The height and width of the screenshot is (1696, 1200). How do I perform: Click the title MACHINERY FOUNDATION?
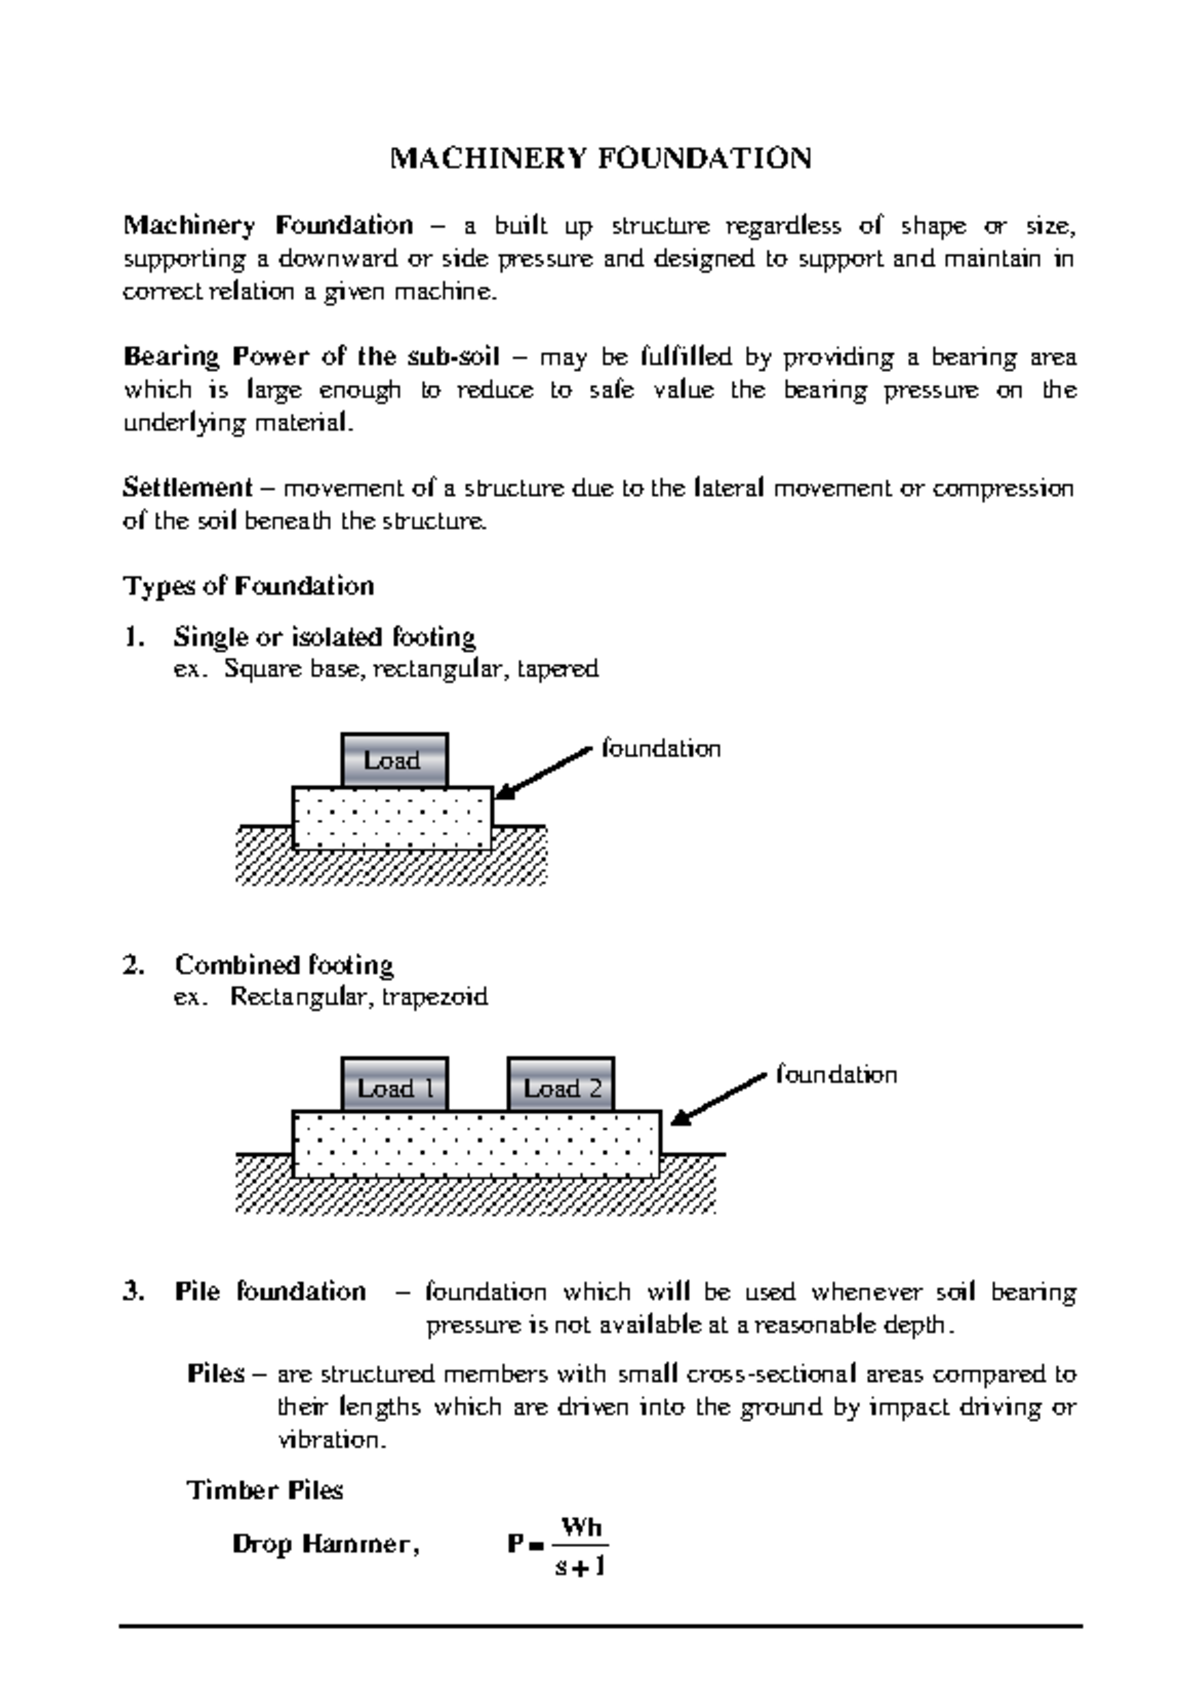point(600,159)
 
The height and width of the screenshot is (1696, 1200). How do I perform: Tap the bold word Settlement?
point(187,488)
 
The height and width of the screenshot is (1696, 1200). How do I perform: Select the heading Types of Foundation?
point(248,586)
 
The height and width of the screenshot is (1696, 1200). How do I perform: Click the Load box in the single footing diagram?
point(393,761)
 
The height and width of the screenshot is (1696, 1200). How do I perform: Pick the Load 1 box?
point(394,1088)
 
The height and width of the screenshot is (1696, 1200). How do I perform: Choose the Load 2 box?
point(561,1088)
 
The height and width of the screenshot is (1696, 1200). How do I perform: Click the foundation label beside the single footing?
point(661,749)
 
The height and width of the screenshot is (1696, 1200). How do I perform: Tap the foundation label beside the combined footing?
point(837,1075)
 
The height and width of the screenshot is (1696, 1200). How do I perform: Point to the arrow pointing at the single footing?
point(545,773)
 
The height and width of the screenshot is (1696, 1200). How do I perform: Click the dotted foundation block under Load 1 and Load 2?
point(476,1144)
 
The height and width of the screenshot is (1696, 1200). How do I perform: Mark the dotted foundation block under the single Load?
point(392,819)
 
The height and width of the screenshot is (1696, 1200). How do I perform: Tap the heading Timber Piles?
point(264,1491)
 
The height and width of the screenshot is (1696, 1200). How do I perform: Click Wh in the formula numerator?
point(581,1527)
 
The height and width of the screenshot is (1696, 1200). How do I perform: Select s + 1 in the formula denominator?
point(580,1566)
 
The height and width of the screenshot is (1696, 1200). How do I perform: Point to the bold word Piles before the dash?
point(215,1374)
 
